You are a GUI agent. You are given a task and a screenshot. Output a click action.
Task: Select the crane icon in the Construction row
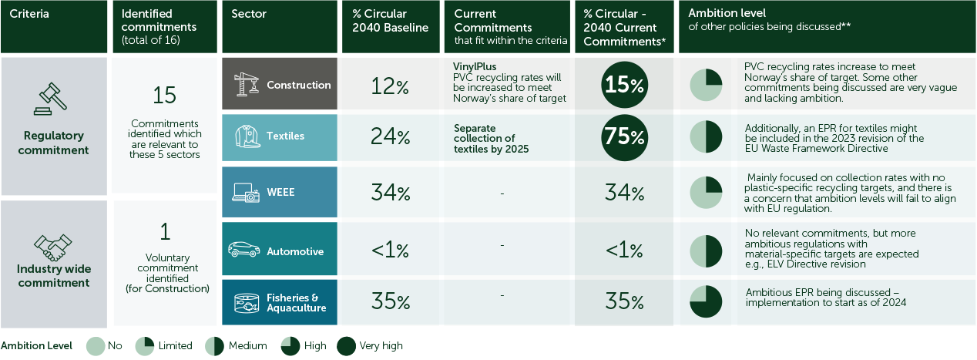point(245,84)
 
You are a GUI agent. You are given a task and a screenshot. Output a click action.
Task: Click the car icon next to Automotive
point(244,251)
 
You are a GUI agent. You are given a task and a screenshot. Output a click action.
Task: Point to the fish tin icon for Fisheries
point(245,301)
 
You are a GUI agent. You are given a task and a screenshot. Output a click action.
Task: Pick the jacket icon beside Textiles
point(245,136)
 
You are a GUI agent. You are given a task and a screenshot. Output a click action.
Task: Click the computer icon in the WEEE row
point(246,193)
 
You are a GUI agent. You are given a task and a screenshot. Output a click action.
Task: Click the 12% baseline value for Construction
point(390,86)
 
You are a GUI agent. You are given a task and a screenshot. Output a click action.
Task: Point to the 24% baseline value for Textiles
point(390,137)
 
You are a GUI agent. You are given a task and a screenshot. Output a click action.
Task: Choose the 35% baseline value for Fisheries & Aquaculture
point(390,302)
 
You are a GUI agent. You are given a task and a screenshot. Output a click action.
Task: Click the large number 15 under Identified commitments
point(164,95)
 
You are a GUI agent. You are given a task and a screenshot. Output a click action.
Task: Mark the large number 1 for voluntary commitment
point(164,231)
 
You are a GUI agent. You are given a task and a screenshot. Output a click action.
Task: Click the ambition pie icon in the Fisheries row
point(705,302)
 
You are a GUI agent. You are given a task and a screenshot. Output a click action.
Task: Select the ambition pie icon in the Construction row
point(705,86)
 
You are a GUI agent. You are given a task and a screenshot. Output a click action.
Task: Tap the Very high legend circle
point(347,346)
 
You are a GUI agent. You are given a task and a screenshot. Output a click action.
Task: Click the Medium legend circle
point(214,346)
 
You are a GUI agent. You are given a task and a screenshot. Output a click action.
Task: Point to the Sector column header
point(249,14)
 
